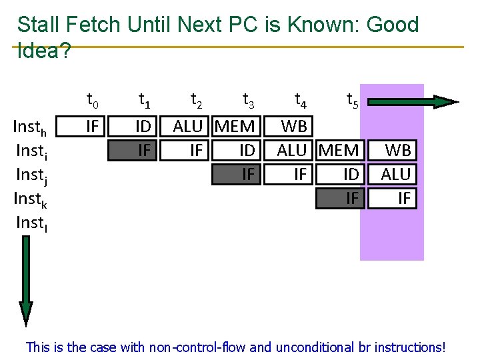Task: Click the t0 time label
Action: click(x=93, y=101)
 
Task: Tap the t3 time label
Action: click(x=248, y=101)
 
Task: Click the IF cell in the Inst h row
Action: click(x=93, y=126)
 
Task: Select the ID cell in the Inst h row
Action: click(x=143, y=126)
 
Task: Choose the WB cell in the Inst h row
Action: click(x=294, y=126)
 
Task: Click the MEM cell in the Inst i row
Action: click(x=339, y=150)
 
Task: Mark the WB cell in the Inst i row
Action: click(x=398, y=150)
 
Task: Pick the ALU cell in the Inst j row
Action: click(x=397, y=174)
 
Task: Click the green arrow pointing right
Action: click(x=413, y=102)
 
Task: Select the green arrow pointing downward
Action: click(x=26, y=280)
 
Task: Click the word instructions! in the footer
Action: click(x=409, y=347)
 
